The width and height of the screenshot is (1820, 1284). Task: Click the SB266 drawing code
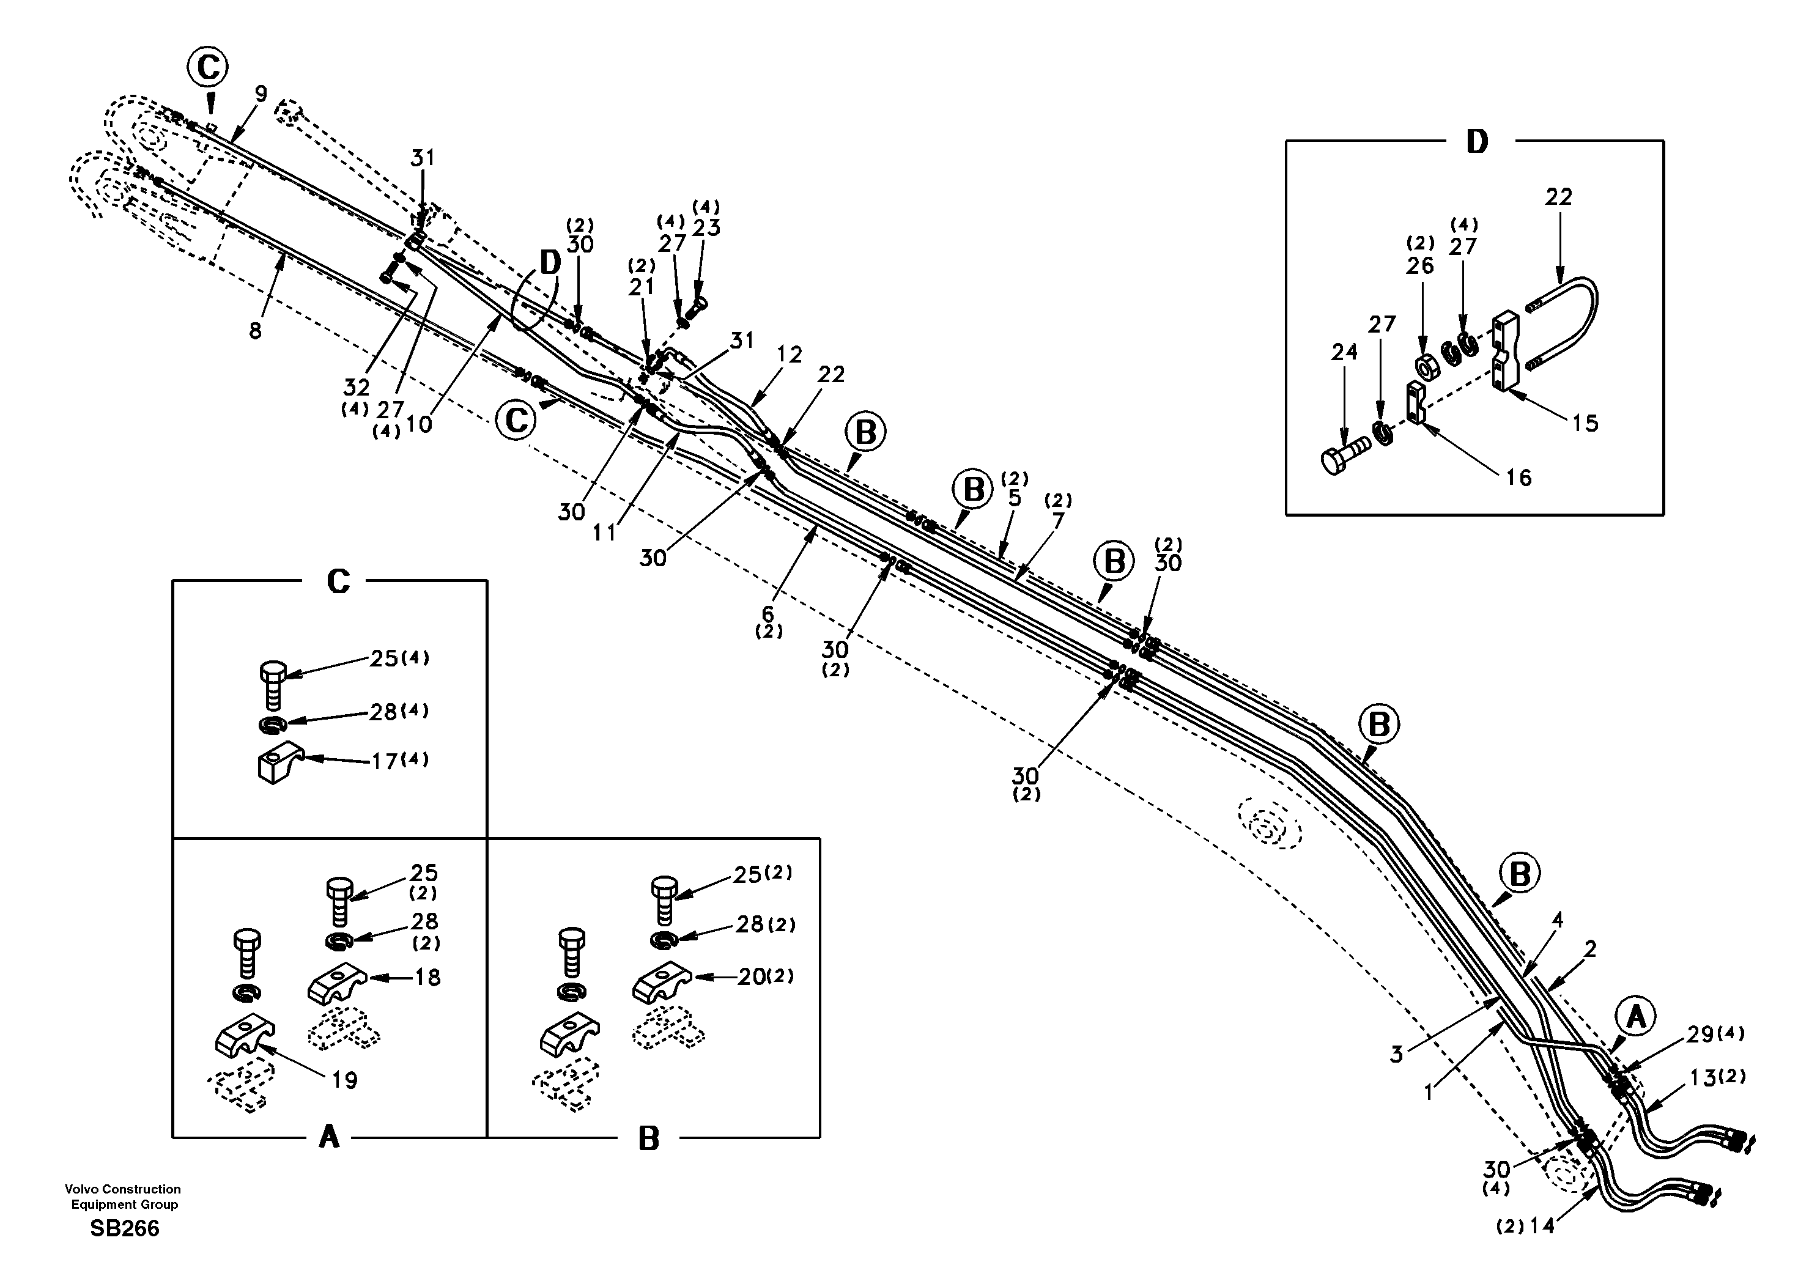pyautogui.click(x=124, y=1228)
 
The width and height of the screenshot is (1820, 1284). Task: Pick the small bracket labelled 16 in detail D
pyautogui.click(x=1416, y=402)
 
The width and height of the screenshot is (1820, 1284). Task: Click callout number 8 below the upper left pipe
pyautogui.click(x=254, y=331)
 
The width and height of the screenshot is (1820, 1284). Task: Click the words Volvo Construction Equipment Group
pyautogui.click(x=123, y=1197)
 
